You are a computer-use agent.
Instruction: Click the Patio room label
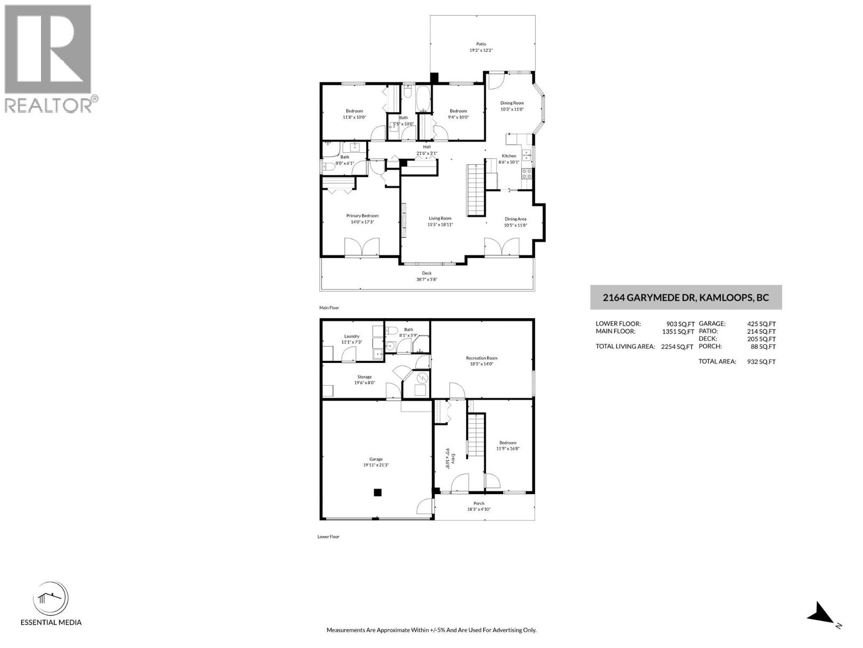481,44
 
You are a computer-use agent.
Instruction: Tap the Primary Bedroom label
362,215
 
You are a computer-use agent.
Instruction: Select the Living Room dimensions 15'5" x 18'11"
440,225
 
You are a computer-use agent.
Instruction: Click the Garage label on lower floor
376,459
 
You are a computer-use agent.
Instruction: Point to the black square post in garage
378,492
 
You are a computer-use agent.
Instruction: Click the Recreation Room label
482,358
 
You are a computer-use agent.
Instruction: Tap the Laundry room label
351,336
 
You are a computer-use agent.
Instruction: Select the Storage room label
364,377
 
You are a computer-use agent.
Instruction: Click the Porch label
479,503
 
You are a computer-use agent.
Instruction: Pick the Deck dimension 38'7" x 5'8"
427,280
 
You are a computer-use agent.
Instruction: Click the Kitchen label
509,156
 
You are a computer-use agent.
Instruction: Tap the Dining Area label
515,219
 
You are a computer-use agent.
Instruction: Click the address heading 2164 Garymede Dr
686,298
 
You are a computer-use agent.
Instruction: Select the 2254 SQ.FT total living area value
677,347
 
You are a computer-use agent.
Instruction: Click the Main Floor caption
329,308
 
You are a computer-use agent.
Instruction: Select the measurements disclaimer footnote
431,630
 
